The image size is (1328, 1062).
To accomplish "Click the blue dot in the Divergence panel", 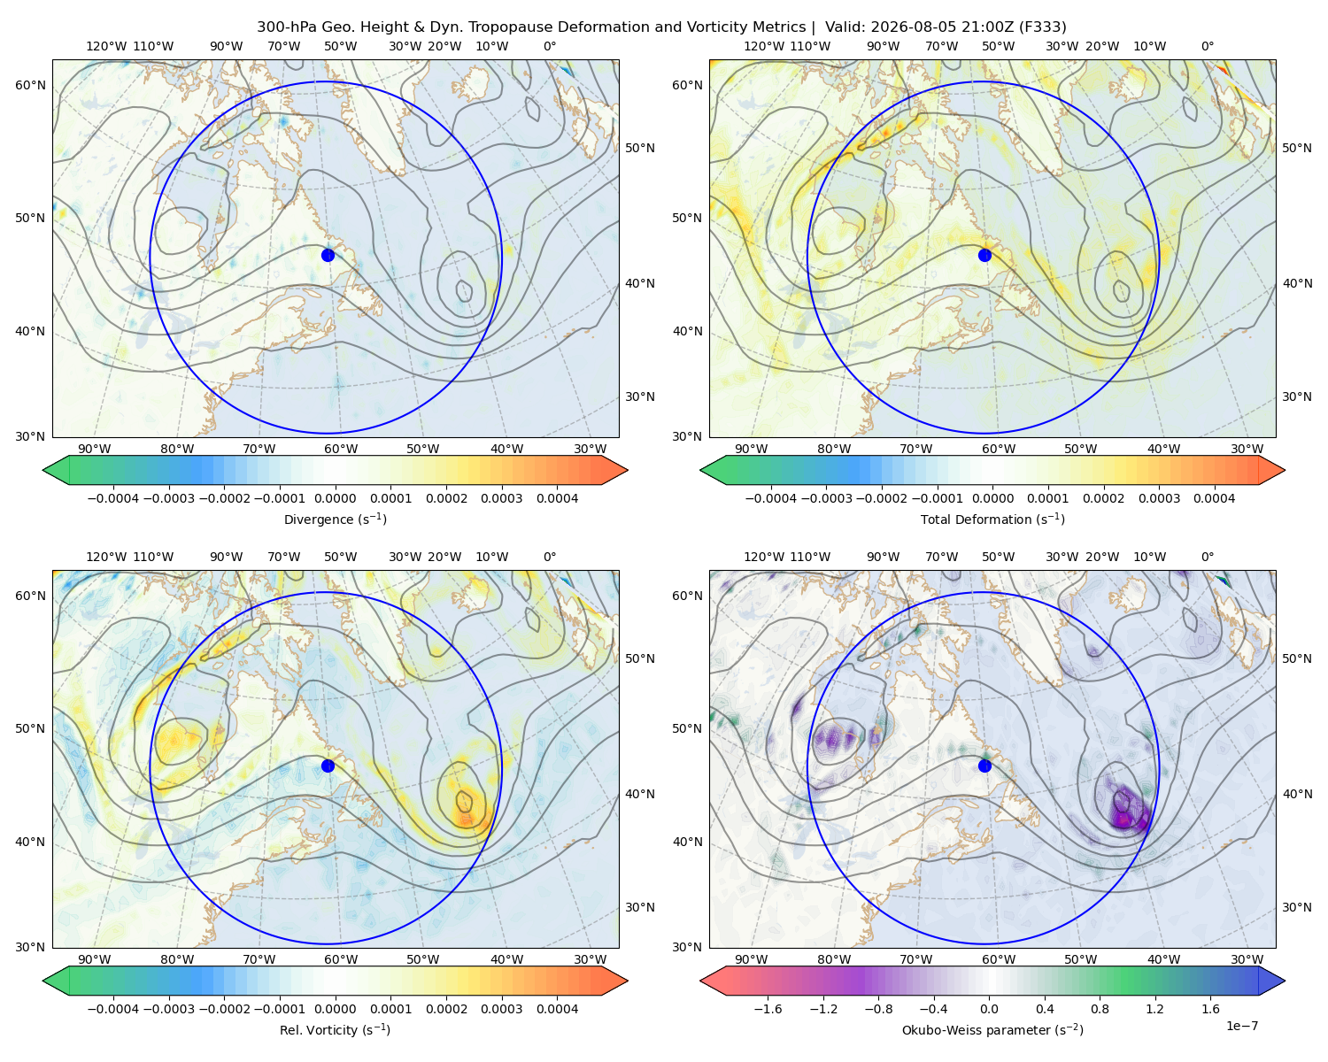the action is [328, 255].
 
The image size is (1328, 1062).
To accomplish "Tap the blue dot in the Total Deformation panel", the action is [984, 255].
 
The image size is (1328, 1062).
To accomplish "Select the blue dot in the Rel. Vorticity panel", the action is [328, 766].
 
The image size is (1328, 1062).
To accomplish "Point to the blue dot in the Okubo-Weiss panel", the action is [984, 766].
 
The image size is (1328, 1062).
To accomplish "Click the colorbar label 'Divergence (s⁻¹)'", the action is [335, 519].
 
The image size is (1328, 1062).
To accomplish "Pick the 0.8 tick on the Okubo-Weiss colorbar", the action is [1100, 1009].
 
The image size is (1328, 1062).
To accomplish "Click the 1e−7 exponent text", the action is [1241, 1026].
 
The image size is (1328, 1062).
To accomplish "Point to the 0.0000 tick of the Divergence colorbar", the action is [335, 498].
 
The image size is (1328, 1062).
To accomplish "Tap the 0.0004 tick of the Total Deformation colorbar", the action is [1215, 498].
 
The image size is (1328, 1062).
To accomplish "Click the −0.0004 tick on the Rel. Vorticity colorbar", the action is [113, 1009].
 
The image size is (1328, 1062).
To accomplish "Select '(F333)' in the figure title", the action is [1043, 27].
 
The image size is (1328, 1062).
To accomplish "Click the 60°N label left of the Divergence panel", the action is [30, 85].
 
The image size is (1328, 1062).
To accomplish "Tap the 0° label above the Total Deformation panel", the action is [1208, 46].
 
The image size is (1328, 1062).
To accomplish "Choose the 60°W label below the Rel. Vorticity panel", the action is [341, 959].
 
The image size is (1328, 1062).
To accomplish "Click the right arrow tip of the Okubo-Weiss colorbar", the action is [1285, 981].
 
